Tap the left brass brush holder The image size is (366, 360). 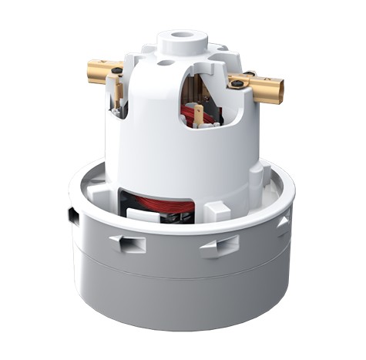tap(102, 70)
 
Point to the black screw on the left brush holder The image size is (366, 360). tap(116, 71)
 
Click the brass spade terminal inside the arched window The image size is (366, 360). tap(199, 115)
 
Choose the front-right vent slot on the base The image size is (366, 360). tap(219, 246)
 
